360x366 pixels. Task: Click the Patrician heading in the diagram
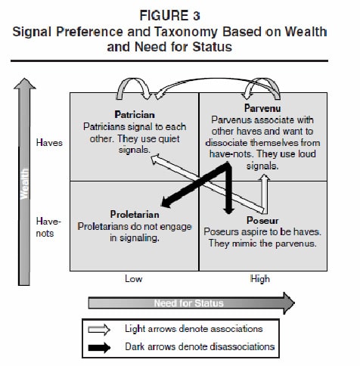point(135,115)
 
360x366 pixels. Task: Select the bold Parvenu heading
point(262,108)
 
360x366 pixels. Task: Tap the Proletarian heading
point(135,215)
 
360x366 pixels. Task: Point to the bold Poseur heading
point(262,221)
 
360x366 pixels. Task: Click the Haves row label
point(49,143)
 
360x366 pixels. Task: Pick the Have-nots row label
point(48,228)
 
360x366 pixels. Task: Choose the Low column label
point(134,279)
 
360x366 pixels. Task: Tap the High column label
point(260,279)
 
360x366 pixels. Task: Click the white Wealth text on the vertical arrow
point(24,184)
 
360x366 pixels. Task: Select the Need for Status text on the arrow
point(189,303)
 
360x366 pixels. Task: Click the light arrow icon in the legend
point(99,330)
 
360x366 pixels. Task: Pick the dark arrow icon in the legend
point(99,348)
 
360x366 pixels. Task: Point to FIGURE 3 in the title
point(170,16)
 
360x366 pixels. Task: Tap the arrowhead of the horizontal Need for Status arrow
point(289,303)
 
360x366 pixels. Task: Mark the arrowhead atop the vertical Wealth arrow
point(24,83)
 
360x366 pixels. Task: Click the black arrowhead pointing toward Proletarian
point(166,202)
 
